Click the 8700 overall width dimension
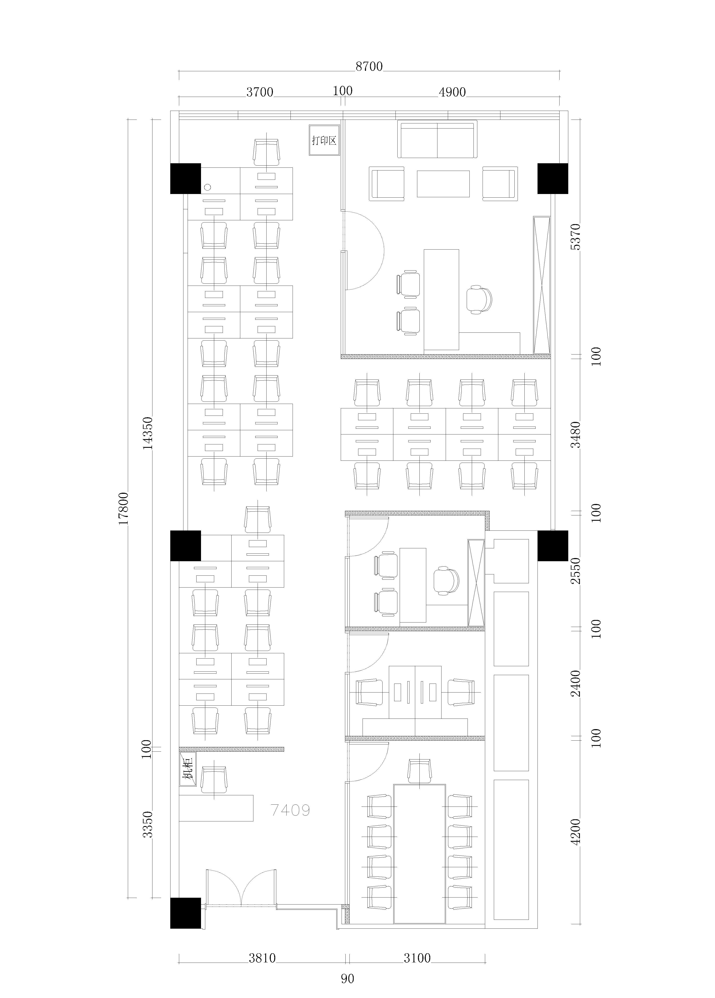(369, 66)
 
